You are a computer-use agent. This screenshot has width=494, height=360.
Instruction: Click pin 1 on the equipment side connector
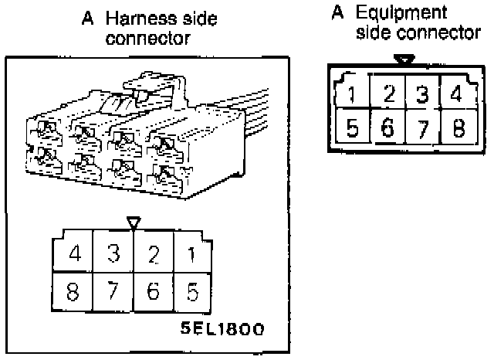click(x=352, y=96)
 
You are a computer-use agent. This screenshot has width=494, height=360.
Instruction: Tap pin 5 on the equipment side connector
click(x=352, y=127)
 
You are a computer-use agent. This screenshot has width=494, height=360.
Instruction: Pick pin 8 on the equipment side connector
click(x=457, y=127)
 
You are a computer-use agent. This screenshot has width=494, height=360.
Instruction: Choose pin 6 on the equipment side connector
click(x=388, y=127)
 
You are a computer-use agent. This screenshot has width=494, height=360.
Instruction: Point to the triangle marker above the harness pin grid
click(x=134, y=223)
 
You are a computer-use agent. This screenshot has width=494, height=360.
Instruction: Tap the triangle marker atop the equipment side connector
click(x=403, y=59)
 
